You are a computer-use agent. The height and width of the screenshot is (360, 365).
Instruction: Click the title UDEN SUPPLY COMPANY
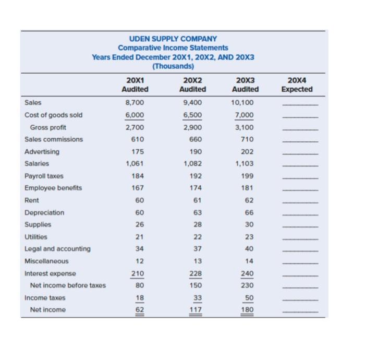tap(173, 39)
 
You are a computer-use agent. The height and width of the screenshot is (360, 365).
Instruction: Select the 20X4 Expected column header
tap(297, 85)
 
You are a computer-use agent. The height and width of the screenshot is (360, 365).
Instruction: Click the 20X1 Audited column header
tap(135, 85)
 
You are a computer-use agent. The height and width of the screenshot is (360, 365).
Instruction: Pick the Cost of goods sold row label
tap(54, 115)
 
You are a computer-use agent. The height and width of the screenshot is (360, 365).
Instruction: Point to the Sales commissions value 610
tap(135, 139)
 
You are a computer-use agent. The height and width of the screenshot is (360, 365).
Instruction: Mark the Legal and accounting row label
tap(57, 249)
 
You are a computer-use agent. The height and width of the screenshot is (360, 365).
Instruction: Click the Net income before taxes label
tap(68, 285)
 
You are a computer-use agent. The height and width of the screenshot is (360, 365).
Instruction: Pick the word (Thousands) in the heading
tap(173, 66)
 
